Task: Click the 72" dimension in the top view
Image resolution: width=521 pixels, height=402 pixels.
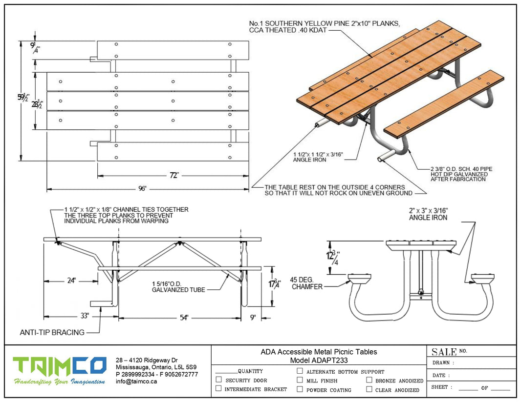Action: pos(174,175)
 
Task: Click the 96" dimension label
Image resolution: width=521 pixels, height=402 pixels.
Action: pos(142,188)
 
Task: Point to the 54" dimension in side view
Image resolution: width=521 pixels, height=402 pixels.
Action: pos(184,318)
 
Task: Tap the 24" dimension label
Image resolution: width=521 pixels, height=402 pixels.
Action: pos(71,281)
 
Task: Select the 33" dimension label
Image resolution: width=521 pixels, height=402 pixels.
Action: pos(85,316)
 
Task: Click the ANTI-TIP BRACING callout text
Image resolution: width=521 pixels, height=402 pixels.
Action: pos(52,333)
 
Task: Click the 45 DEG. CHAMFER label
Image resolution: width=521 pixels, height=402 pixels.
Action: pos(307,283)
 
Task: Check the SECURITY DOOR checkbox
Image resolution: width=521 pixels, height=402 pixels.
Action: pos(218,380)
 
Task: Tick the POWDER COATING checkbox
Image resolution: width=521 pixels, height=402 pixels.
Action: pos(300,389)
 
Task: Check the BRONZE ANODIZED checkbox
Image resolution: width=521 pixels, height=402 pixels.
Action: pos(369,380)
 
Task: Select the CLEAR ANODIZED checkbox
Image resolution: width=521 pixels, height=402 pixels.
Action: pos(369,389)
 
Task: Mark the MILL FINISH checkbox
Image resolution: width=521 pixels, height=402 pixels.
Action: pos(300,380)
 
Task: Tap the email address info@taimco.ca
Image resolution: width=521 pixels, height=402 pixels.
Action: pos(136,382)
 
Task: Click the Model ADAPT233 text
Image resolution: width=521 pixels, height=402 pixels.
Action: pos(319,361)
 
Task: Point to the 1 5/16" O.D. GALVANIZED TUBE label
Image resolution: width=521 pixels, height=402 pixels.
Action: pos(178,286)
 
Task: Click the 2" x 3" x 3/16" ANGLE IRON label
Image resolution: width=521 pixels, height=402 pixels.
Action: pos(428,214)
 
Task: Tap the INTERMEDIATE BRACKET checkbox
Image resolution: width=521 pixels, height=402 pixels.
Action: pos(218,389)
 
